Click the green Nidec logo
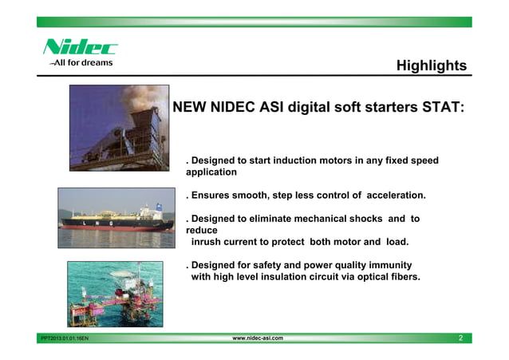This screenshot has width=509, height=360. pyautogui.click(x=80, y=47)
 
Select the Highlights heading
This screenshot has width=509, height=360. pyautogui.click(x=431, y=65)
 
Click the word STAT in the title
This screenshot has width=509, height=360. pyautogui.click(x=437, y=106)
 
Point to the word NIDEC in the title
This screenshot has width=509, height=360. pyautogui.click(x=237, y=106)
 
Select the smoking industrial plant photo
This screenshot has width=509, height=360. pyautogui.click(x=119, y=128)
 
